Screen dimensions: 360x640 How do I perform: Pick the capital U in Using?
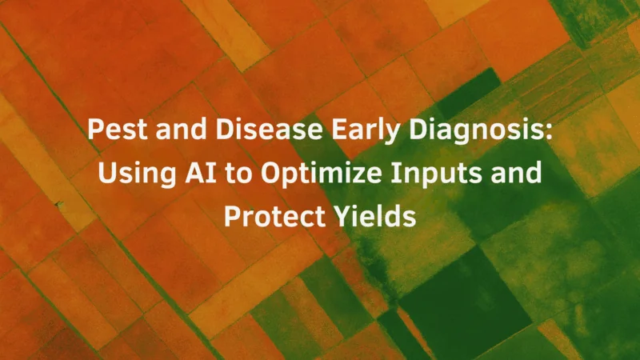107,173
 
